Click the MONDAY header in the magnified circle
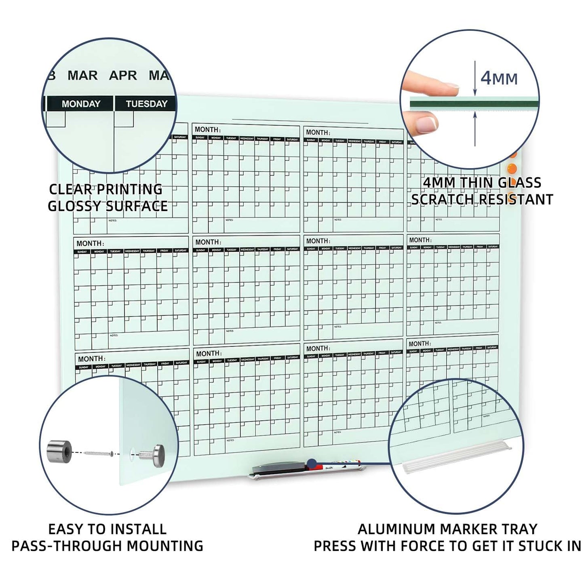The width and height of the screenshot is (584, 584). pos(81,104)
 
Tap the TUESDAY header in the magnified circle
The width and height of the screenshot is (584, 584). pos(146,104)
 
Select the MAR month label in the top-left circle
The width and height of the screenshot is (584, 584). pos(82,76)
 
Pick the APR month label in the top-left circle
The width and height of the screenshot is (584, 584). pos(123,76)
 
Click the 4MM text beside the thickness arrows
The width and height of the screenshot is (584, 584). pos(499,78)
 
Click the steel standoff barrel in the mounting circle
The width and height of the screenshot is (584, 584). pos(59,452)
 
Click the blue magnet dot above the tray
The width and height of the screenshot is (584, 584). pos(311,463)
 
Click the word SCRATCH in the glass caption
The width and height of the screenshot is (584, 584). pos(442,199)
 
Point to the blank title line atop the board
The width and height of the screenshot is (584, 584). pos(300,121)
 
